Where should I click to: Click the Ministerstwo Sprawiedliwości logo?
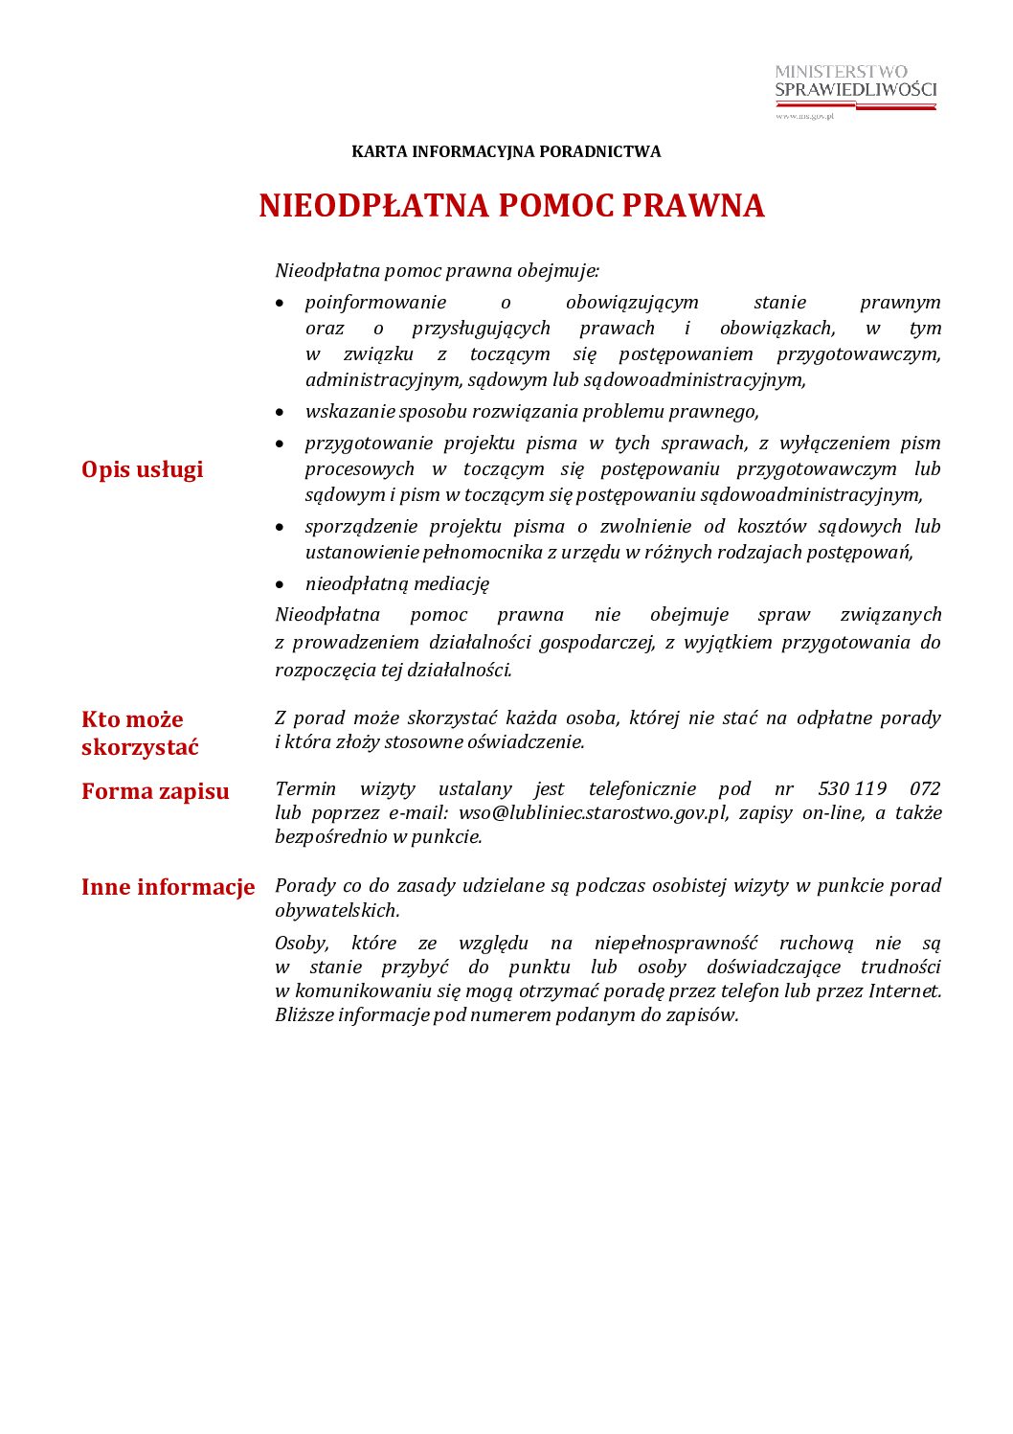pyautogui.click(x=855, y=86)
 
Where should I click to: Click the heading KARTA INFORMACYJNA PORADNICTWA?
pyautogui.click(x=506, y=151)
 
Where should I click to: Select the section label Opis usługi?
pyautogui.click(x=142, y=469)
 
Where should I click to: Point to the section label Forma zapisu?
pyautogui.click(x=155, y=791)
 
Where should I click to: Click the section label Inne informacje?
pyautogui.click(x=168, y=887)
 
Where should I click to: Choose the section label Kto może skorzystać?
pyautogui.click(x=140, y=733)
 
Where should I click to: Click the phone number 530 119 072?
pyautogui.click(x=879, y=788)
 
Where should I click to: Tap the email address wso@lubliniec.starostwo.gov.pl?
pyautogui.click(x=593, y=812)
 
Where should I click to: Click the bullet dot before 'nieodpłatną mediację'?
pyautogui.click(x=280, y=584)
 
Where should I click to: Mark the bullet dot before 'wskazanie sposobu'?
pyautogui.click(x=280, y=412)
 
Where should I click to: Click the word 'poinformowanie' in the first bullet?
pyautogui.click(x=375, y=303)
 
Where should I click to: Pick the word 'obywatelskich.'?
pyautogui.click(x=337, y=910)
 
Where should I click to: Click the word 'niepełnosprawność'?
pyautogui.click(x=675, y=943)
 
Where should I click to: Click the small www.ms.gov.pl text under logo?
pyautogui.click(x=804, y=116)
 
